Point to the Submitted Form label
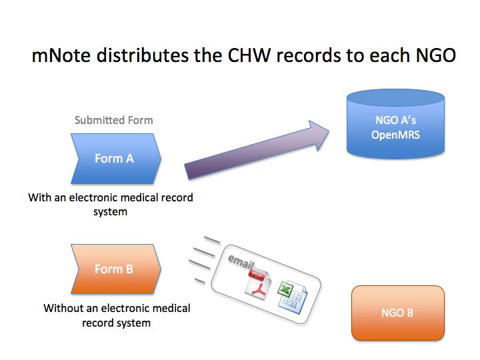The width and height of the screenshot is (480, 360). (113, 121)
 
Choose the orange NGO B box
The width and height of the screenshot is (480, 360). (397, 312)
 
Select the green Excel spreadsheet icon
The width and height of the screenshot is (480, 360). (291, 294)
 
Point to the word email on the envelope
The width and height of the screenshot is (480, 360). (241, 261)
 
